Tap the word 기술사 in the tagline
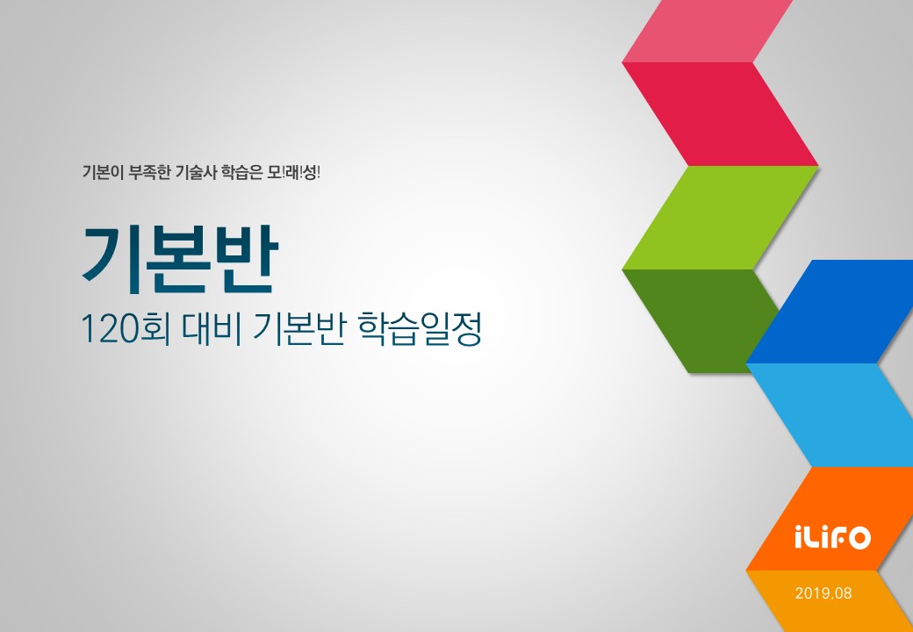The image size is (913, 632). [201, 171]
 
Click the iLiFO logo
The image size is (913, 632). [831, 536]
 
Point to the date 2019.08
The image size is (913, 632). [823, 592]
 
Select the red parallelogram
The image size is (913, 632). [720, 114]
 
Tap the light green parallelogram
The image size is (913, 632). [720, 217]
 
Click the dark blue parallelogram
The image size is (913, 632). [834, 312]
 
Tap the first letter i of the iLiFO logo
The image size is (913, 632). [798, 536]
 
